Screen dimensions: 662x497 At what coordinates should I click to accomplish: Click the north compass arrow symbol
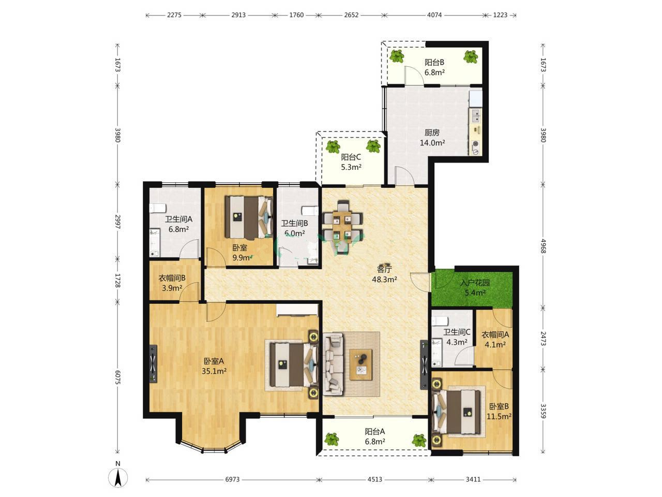(x=117, y=478)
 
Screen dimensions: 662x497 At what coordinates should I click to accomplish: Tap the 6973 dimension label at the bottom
(x=232, y=479)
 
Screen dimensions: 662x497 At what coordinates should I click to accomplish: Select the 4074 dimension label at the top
(x=434, y=15)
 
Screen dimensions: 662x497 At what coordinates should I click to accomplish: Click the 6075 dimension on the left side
(x=117, y=377)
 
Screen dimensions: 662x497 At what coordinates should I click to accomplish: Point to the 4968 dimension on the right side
(x=543, y=246)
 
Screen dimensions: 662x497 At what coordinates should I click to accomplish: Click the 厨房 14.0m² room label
(x=432, y=138)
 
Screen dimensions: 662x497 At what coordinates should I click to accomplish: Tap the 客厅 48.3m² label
(x=384, y=274)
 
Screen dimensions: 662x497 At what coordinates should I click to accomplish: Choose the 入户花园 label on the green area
(x=475, y=283)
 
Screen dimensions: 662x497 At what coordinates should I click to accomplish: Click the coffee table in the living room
(x=361, y=364)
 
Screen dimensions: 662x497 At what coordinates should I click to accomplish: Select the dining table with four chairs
(x=342, y=227)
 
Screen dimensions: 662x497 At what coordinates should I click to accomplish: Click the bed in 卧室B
(x=456, y=412)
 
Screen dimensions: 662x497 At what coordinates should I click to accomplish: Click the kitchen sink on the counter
(x=476, y=116)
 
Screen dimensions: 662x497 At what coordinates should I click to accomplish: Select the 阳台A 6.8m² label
(x=374, y=436)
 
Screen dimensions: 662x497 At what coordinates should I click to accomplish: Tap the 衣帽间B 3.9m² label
(x=172, y=283)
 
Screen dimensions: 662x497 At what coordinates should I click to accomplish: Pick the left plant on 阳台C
(x=333, y=147)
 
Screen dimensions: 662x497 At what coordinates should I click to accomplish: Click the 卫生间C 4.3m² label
(x=457, y=337)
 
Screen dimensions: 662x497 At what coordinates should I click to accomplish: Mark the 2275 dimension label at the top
(x=174, y=15)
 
